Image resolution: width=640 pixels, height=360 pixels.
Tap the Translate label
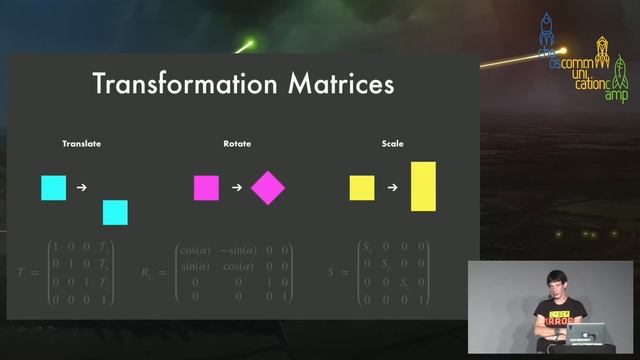(x=82, y=144)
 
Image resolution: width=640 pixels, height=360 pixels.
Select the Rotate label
(x=237, y=144)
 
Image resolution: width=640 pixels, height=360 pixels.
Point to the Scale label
(x=392, y=144)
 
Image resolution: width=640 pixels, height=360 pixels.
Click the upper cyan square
(x=53, y=187)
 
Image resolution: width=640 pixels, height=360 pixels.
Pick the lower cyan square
(x=115, y=213)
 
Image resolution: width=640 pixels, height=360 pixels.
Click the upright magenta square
(x=206, y=187)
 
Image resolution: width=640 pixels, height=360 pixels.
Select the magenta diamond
(x=268, y=187)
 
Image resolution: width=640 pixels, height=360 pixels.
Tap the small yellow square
(x=362, y=187)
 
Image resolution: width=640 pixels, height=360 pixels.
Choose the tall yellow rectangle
(x=423, y=186)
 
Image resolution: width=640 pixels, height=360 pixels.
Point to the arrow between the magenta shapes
(x=236, y=187)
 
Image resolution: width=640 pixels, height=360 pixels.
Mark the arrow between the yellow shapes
(x=392, y=187)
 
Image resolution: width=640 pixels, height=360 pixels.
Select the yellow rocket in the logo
(x=603, y=47)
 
